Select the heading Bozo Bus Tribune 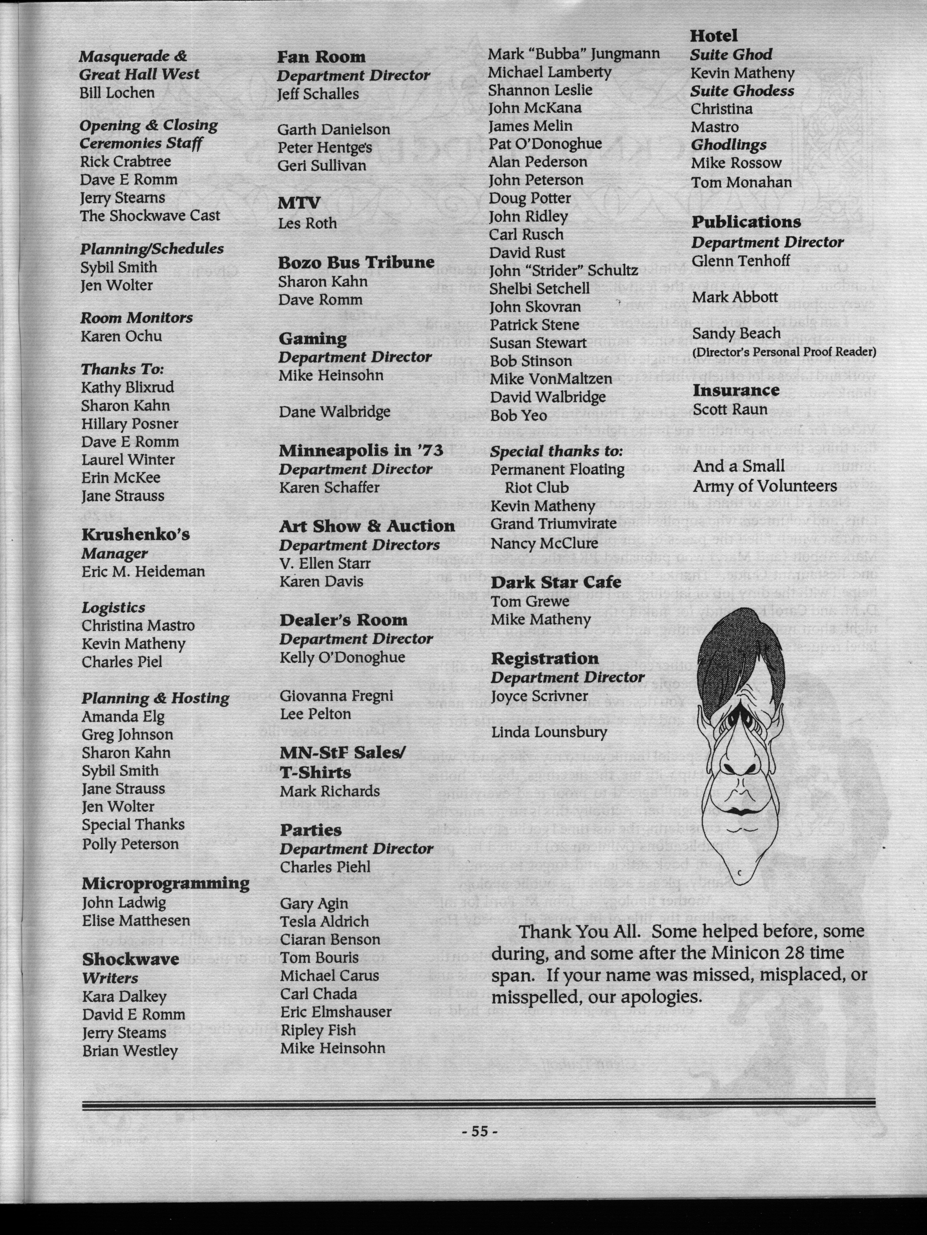(356, 262)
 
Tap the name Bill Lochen (117, 92)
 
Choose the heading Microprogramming (165, 883)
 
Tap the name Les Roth (308, 223)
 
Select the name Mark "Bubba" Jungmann (573, 54)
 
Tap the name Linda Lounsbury (549, 732)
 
